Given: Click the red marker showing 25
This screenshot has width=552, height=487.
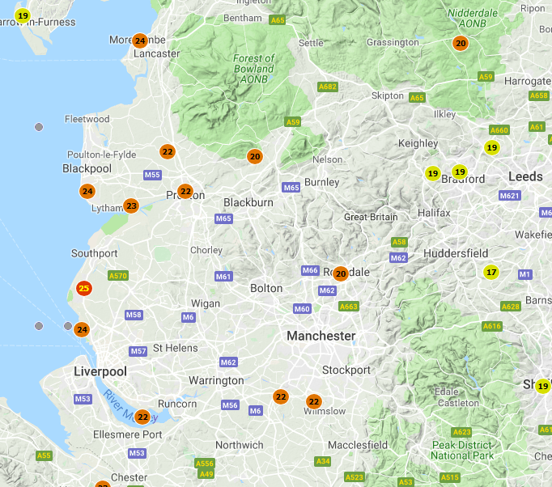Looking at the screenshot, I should pyautogui.click(x=84, y=288).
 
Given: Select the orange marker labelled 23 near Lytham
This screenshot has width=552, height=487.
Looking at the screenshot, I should pyautogui.click(x=131, y=206).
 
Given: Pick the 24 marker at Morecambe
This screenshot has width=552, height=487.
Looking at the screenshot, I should pyautogui.click(x=140, y=41).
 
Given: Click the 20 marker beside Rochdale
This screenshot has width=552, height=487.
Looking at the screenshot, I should pyautogui.click(x=341, y=273).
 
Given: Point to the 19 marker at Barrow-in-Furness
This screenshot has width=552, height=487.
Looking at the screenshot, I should pyautogui.click(x=23, y=15).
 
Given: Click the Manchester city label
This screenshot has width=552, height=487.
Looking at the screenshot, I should pyautogui.click(x=321, y=335).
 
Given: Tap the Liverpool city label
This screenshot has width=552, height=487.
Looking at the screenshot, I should pyautogui.click(x=100, y=371).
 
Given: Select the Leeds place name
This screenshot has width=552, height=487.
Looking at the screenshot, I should pyautogui.click(x=525, y=176).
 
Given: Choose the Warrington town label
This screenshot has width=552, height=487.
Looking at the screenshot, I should pyautogui.click(x=216, y=380).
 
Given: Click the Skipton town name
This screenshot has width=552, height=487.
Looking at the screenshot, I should pyautogui.click(x=387, y=95).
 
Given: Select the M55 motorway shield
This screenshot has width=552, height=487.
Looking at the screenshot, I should pyautogui.click(x=152, y=175).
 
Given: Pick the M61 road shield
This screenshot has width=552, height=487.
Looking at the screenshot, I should pyautogui.click(x=224, y=277).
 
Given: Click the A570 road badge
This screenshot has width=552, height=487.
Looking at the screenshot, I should pyautogui.click(x=118, y=276).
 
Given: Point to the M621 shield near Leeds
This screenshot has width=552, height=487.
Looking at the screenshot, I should pyautogui.click(x=509, y=196).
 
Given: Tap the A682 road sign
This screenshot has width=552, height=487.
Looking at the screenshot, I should pyautogui.click(x=328, y=87).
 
